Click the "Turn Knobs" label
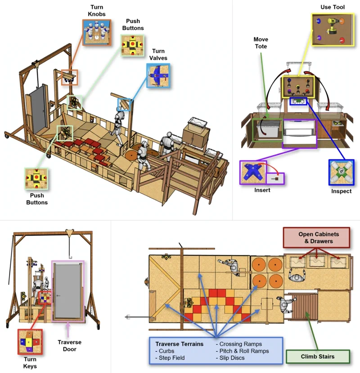[96, 10]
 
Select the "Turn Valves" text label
[158, 55]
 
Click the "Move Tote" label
[261, 43]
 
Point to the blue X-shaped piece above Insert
[252, 173]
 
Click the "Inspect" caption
[341, 191]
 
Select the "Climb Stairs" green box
[318, 356]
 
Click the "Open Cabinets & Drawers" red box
[316, 238]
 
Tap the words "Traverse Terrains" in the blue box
[180, 344]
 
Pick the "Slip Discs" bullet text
[230, 358]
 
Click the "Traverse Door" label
[69, 346]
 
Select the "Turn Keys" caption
[30, 363]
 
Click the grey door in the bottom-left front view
[67, 291]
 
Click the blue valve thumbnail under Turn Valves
[158, 76]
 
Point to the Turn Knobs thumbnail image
[97, 32]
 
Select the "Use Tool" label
[333, 7]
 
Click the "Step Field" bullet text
[170, 358]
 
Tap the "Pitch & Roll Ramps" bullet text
[243, 351]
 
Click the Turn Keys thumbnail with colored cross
[30, 341]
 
